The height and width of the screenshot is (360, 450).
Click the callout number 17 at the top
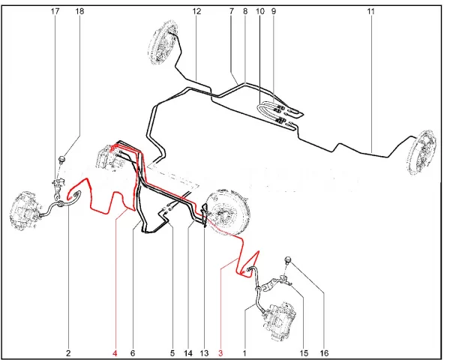pyautogui.click(x=55, y=11)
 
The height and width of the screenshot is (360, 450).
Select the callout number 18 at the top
pyautogui.click(x=79, y=11)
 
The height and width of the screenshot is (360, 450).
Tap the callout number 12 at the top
pyautogui.click(x=196, y=11)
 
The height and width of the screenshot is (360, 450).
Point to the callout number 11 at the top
pyautogui.click(x=370, y=11)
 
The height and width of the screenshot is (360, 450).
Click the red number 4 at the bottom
pyautogui.click(x=115, y=353)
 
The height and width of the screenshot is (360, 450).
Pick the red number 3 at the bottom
pyautogui.click(x=220, y=353)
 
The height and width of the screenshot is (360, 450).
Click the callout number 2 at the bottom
pyautogui.click(x=68, y=353)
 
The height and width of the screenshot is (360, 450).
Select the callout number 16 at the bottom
pyautogui.click(x=324, y=353)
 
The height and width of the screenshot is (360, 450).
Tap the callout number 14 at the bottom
pyautogui.click(x=188, y=353)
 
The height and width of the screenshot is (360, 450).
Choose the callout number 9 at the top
pyautogui.click(x=273, y=11)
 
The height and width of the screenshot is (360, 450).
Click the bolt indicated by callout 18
pyautogui.click(x=61, y=159)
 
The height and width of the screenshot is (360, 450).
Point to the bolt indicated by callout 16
pyautogui.click(x=288, y=260)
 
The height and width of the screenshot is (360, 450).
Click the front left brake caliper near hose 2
pyautogui.click(x=25, y=210)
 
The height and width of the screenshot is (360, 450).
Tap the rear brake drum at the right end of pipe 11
pyautogui.click(x=421, y=152)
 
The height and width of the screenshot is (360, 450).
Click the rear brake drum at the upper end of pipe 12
pyautogui.click(x=162, y=43)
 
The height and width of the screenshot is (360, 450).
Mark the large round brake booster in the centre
pyautogui.click(x=227, y=211)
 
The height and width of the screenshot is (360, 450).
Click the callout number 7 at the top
pyautogui.click(x=232, y=11)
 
